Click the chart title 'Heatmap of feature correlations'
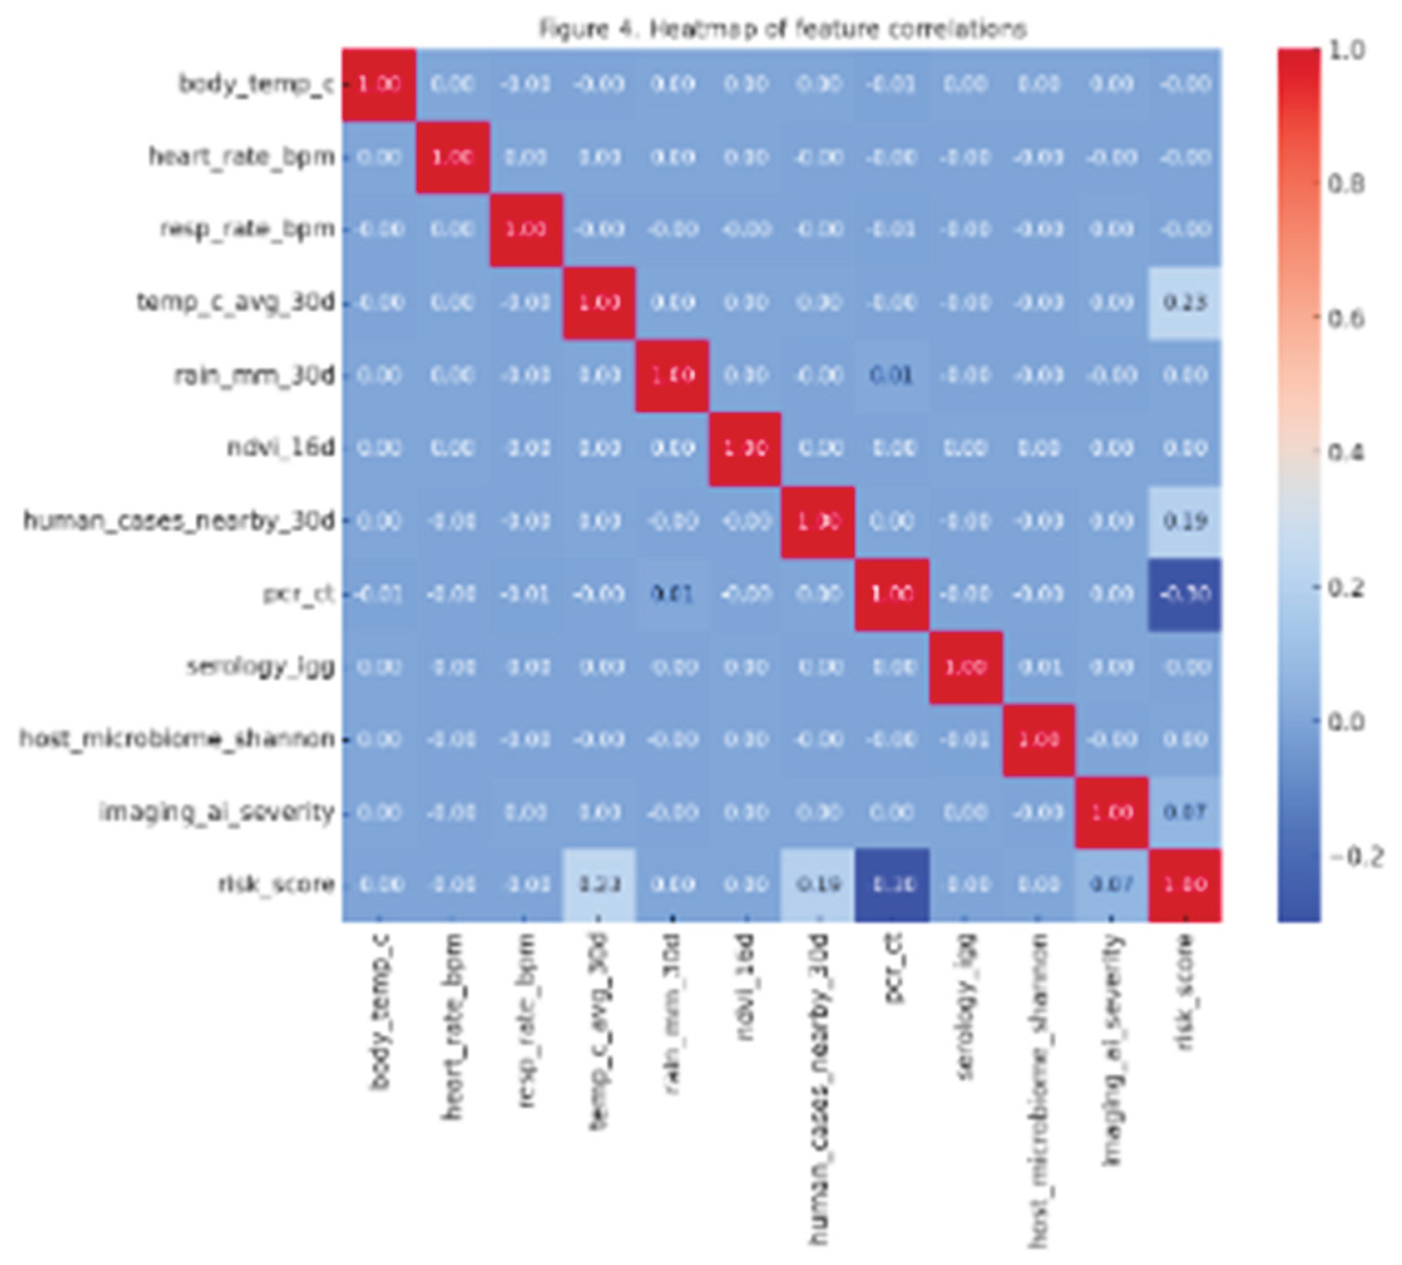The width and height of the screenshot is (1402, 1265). pyautogui.click(x=783, y=29)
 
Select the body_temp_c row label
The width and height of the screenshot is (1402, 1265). pyautogui.click(x=256, y=84)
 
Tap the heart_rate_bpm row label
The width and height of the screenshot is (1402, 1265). pyautogui.click(x=241, y=157)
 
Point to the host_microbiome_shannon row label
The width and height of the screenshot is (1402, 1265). pyautogui.click(x=177, y=738)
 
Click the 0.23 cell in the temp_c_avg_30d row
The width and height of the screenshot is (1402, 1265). pyautogui.click(x=1185, y=303)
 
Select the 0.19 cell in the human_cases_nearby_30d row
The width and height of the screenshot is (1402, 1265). pyautogui.click(x=1185, y=521)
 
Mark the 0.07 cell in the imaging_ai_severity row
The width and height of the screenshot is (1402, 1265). pyautogui.click(x=1185, y=812)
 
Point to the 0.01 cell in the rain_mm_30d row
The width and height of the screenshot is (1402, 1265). pyautogui.click(x=892, y=376)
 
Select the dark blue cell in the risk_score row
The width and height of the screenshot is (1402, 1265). pyautogui.click(x=892, y=884)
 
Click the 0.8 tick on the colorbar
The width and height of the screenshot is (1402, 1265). pyautogui.click(x=1346, y=184)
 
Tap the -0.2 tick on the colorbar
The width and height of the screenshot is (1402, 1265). pyautogui.click(x=1356, y=856)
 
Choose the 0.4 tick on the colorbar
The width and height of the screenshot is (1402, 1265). pyautogui.click(x=1346, y=453)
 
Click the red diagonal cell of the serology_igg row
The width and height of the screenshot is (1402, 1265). pyautogui.click(x=966, y=667)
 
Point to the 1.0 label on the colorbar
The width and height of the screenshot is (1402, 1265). pyautogui.click(x=1346, y=50)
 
